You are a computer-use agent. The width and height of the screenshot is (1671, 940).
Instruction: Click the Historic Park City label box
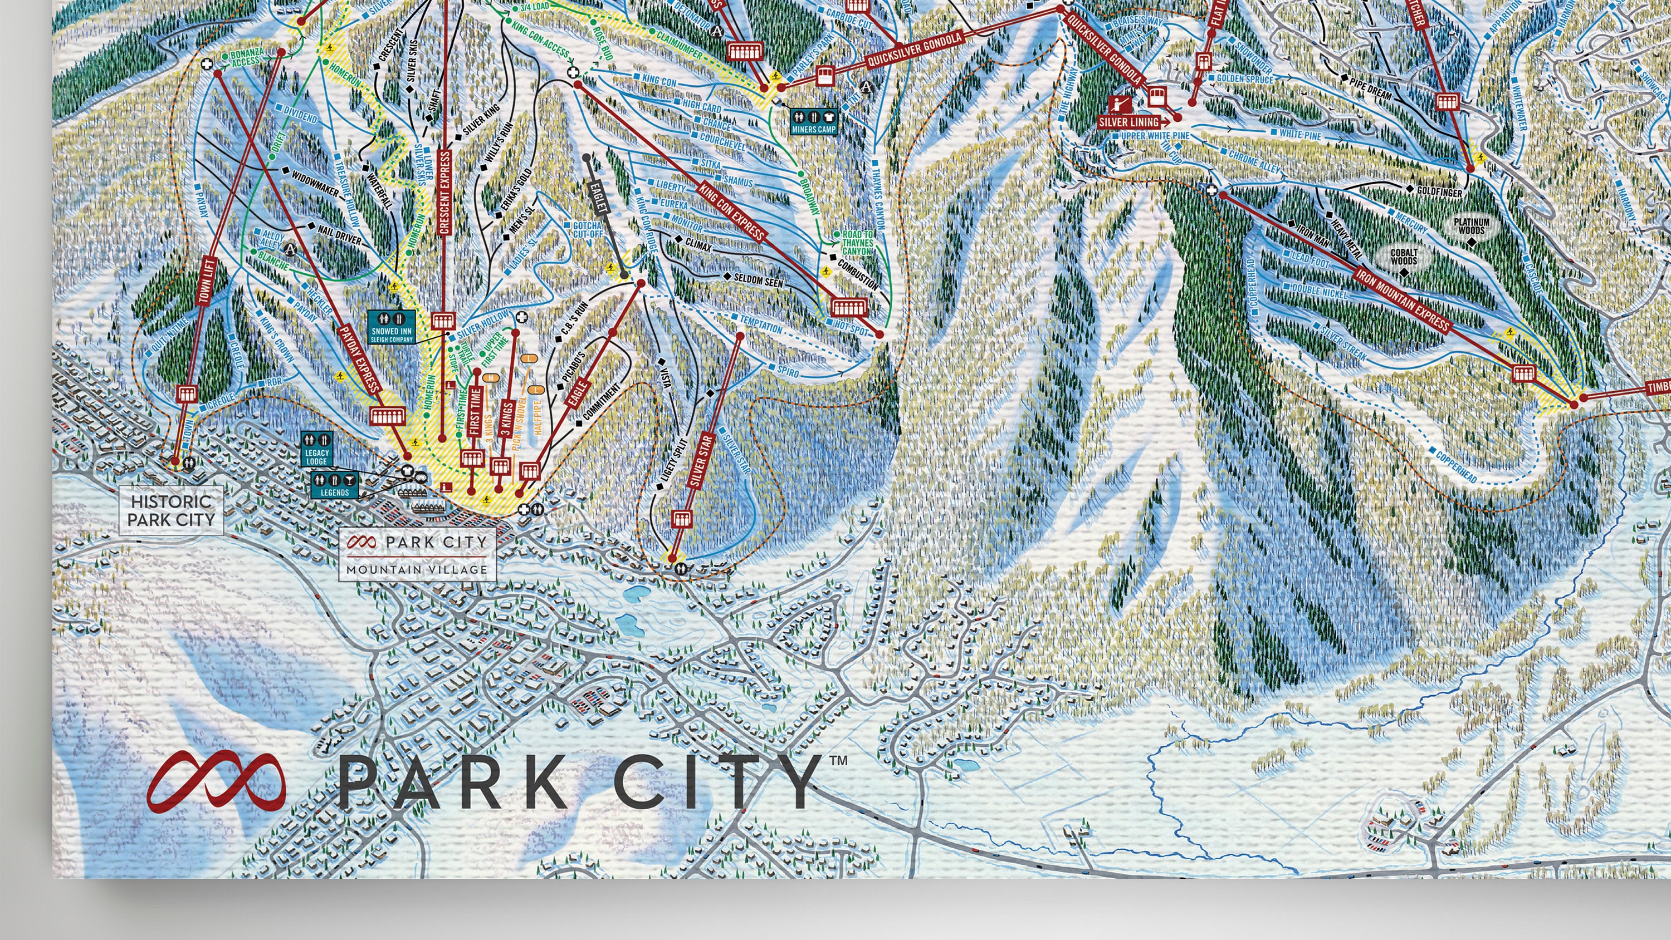(x=171, y=510)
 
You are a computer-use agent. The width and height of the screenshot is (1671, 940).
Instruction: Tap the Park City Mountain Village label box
(x=417, y=554)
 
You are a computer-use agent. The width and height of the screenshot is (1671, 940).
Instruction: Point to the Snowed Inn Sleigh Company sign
(x=392, y=327)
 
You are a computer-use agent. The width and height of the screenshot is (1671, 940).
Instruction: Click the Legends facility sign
(x=335, y=485)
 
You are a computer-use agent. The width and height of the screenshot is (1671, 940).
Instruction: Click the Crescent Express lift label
(x=444, y=193)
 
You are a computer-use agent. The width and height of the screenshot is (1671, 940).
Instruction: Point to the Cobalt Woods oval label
(x=1403, y=257)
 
